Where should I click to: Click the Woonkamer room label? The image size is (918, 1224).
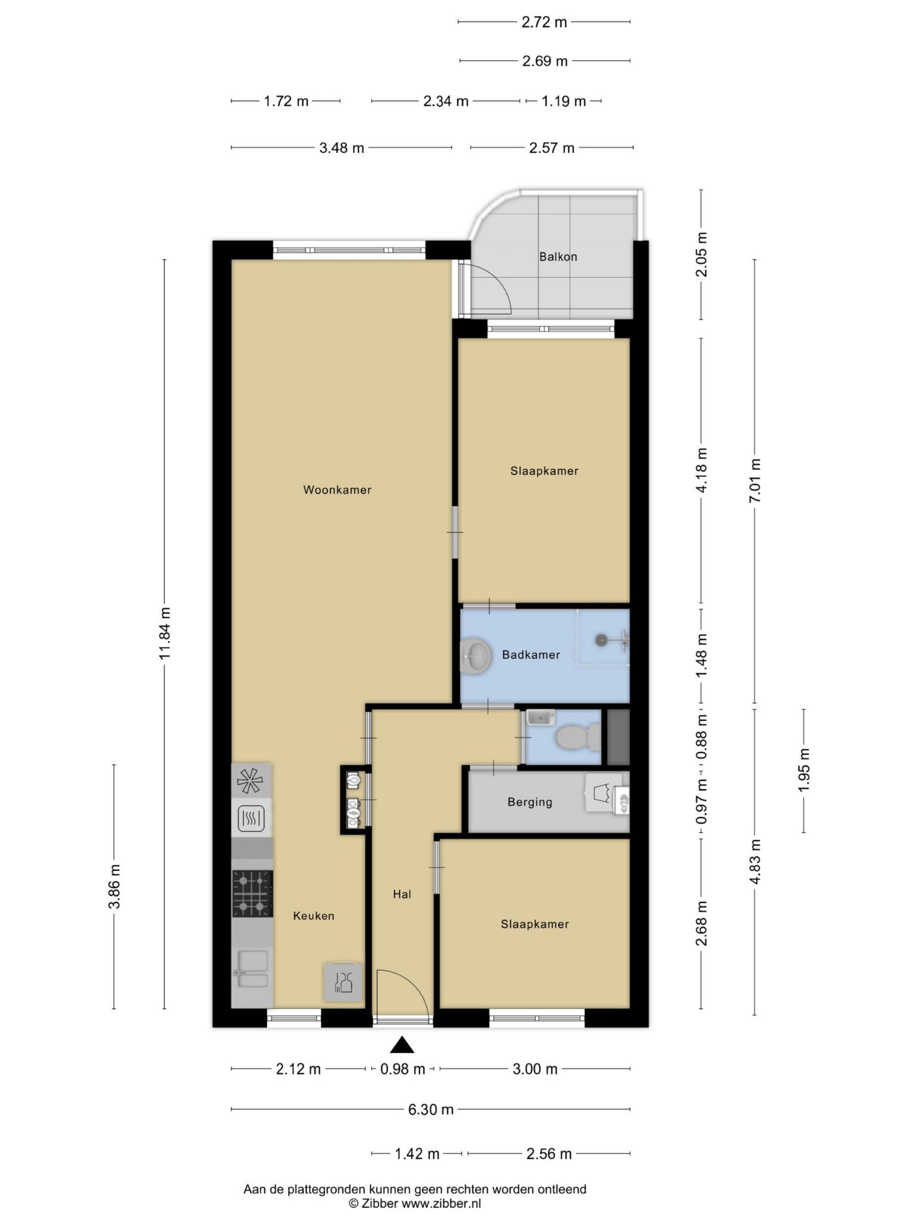click(337, 490)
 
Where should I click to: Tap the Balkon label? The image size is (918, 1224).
click(558, 257)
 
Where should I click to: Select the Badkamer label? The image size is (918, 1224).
click(531, 655)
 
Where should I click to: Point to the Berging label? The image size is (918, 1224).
click(530, 802)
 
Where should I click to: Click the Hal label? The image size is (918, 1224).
click(402, 894)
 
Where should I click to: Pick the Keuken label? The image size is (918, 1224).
click(314, 916)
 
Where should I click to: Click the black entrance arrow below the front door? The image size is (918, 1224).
click(403, 1045)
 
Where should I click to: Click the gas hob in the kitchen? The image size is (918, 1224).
click(252, 893)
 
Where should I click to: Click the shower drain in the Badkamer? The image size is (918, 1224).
click(601, 639)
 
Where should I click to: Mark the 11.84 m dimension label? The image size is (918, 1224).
click(165, 634)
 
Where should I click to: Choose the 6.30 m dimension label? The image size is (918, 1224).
click(431, 1110)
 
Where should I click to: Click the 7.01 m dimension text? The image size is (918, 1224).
click(755, 482)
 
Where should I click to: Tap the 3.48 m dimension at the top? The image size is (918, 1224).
click(341, 148)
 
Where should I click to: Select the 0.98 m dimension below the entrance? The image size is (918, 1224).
click(403, 1069)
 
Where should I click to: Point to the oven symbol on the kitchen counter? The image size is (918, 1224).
click(252, 819)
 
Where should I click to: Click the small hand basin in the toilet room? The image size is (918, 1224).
click(541, 717)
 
